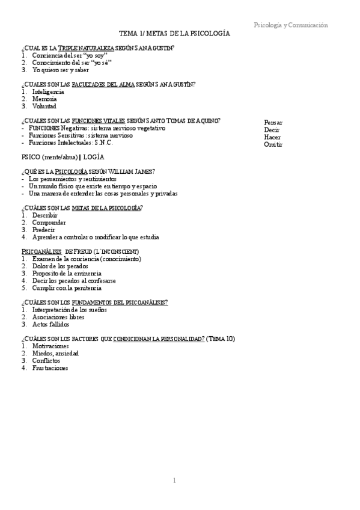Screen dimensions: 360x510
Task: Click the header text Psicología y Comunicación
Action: point(291,25)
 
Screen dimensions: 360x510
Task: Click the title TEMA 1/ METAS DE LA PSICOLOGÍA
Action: point(174,35)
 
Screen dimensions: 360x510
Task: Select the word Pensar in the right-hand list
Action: point(273,122)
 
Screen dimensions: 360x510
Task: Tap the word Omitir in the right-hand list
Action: point(273,144)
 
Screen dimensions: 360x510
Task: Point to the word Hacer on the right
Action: point(272,137)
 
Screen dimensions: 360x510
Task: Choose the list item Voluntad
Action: point(44,106)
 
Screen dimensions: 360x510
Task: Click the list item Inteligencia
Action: point(48,91)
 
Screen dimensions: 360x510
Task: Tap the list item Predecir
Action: point(44,230)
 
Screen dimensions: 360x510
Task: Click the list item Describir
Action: point(45,215)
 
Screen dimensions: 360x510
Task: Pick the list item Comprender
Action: point(49,223)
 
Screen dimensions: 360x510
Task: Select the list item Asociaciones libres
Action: point(58,317)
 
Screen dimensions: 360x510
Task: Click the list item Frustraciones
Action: point(50,368)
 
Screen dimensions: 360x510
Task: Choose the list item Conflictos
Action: point(46,361)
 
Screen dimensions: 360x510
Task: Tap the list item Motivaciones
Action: point(50,346)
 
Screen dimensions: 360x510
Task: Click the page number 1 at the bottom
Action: point(174,481)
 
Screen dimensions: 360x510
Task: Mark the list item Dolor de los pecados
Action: point(60,266)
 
